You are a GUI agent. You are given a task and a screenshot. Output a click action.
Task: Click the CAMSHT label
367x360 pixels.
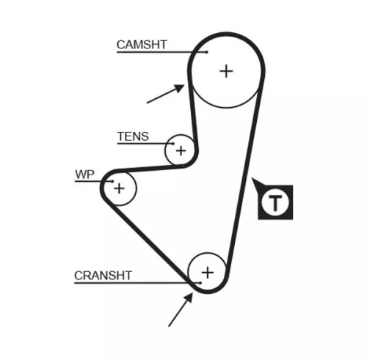(142, 45)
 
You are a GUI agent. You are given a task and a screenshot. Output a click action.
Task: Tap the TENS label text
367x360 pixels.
(133, 136)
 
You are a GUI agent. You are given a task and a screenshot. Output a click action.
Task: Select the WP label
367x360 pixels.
(85, 175)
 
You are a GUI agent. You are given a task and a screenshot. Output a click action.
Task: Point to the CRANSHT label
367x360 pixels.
(103, 276)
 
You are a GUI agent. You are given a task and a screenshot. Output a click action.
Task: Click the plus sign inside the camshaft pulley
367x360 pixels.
(226, 70)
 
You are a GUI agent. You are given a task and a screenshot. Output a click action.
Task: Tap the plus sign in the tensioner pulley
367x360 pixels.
(180, 151)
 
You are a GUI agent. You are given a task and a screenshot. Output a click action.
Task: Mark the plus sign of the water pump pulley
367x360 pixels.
(120, 188)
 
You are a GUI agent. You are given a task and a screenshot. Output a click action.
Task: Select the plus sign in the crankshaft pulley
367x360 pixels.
(208, 272)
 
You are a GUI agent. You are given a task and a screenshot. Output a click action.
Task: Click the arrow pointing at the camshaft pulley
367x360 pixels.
(165, 94)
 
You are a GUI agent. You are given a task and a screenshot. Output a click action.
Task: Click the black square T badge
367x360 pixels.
(275, 202)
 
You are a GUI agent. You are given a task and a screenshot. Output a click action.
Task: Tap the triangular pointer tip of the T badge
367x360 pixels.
(253, 181)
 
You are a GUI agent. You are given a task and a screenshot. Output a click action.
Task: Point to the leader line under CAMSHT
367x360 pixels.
(158, 52)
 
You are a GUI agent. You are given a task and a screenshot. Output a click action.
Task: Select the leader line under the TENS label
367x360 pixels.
(143, 143)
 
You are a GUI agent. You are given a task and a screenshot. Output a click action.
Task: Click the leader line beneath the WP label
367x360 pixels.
(92, 181)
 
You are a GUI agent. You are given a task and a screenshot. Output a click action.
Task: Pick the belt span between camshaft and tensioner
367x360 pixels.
(194, 117)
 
